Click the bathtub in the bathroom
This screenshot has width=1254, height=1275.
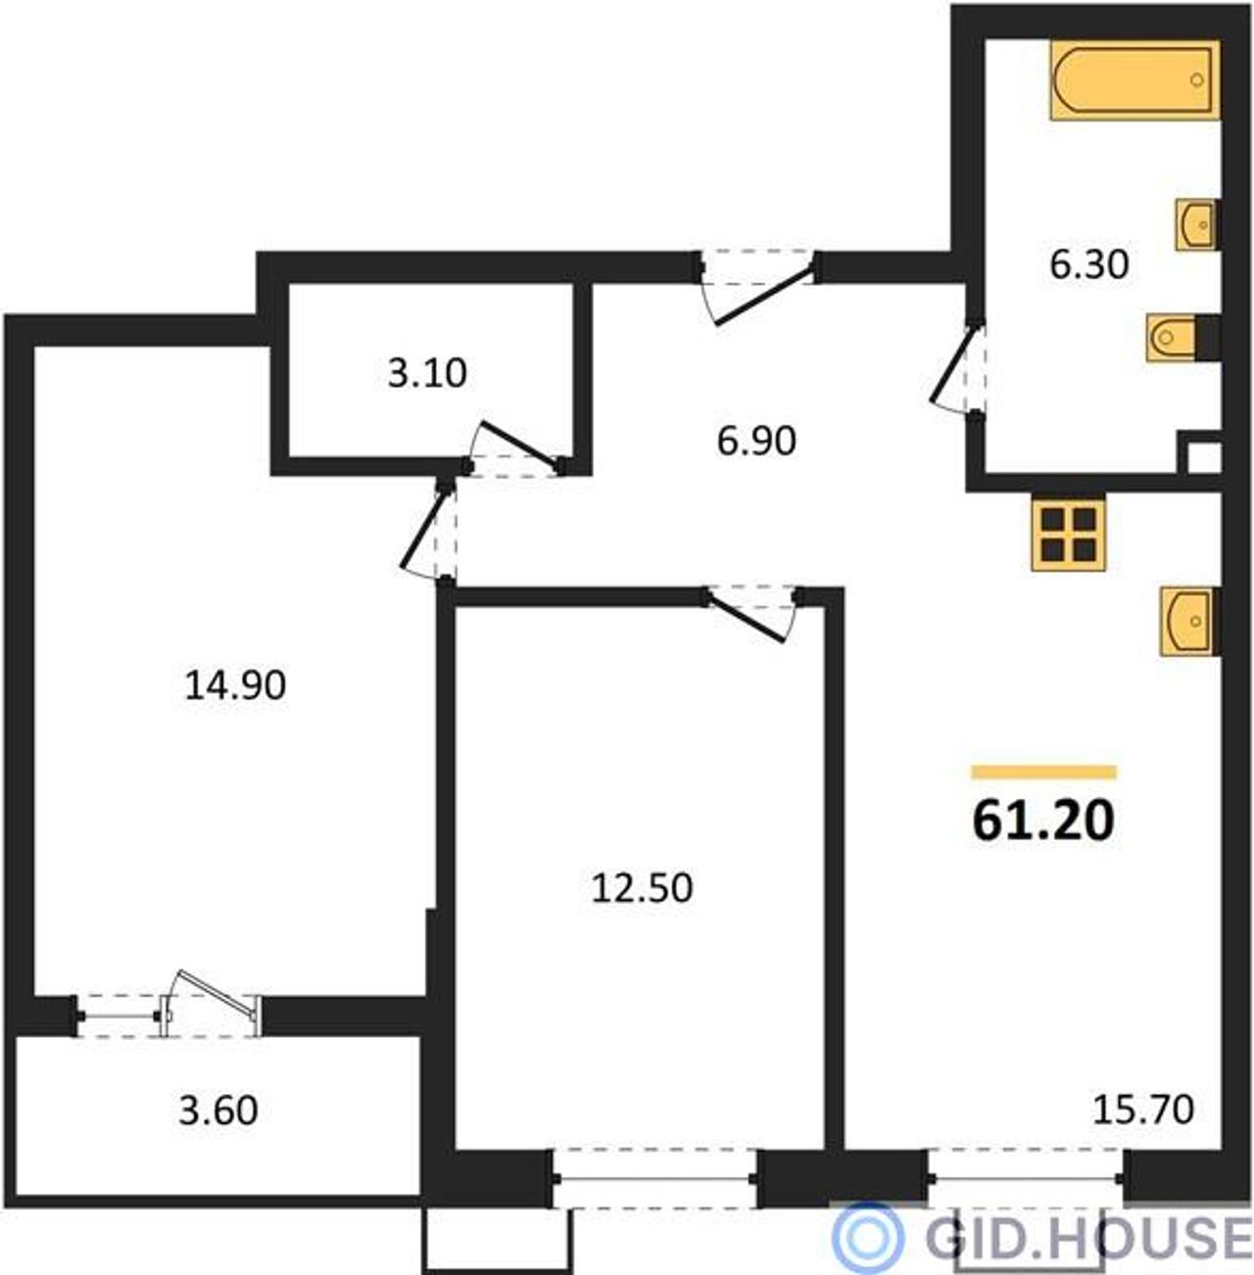1134,80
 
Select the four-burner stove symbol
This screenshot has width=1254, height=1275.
1068,535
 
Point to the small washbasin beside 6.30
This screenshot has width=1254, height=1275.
1198,225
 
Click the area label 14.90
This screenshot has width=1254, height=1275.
235,685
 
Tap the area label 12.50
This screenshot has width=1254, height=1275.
642,888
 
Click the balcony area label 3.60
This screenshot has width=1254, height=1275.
217,1110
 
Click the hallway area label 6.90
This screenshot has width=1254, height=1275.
756,441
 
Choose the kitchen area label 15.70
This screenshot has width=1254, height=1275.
1143,1110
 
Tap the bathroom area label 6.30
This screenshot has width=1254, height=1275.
1089,264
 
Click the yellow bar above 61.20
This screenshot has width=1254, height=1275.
1044,772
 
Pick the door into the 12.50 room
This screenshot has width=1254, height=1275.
754,612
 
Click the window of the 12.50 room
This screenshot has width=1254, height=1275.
654,1178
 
